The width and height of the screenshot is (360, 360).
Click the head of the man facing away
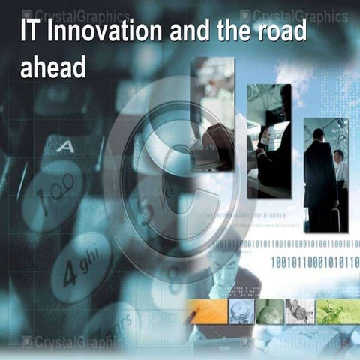click(318, 136)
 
